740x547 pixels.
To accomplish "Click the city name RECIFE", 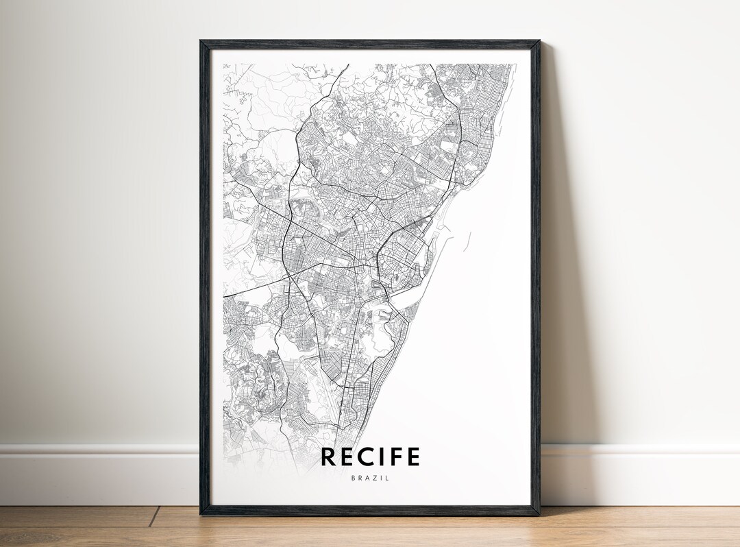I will click(370, 457).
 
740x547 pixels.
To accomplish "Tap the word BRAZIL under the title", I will click(370, 478).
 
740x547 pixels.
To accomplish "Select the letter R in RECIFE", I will click(330, 457).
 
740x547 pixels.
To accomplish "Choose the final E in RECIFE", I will click(413, 457).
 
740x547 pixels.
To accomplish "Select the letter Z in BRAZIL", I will click(373, 478).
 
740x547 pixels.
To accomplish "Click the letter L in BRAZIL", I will click(387, 478).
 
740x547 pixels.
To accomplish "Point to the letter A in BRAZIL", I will click(367, 478).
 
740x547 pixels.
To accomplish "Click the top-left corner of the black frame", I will click(201, 42).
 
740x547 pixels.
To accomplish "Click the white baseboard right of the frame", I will click(637, 473).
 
